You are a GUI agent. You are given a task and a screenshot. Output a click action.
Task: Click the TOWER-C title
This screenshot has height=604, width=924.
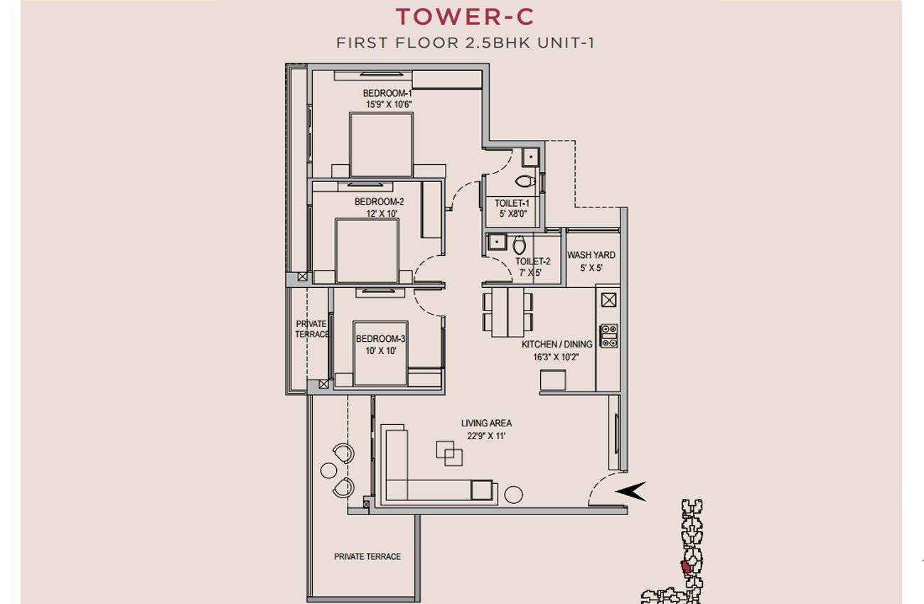465,17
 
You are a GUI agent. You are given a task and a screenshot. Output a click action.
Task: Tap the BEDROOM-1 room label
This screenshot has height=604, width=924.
387,94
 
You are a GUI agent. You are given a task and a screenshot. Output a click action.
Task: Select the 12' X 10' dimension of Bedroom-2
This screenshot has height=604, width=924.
382,214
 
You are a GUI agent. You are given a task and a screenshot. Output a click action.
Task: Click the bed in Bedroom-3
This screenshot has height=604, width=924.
380,353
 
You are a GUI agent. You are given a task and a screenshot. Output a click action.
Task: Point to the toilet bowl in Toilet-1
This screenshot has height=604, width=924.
525,181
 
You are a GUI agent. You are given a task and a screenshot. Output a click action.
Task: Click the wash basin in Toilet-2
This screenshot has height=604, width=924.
497,242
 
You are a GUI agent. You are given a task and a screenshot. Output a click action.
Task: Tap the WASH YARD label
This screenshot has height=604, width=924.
591,255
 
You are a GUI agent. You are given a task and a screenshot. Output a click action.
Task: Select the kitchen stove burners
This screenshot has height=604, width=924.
608,335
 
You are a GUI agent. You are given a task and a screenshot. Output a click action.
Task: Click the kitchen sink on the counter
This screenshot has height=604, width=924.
608,300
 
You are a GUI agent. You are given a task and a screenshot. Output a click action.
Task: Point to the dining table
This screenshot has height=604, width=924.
507,312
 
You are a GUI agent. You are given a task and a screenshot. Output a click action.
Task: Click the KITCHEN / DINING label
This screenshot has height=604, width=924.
557,344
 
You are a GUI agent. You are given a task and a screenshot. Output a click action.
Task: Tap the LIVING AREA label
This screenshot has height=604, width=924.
486,423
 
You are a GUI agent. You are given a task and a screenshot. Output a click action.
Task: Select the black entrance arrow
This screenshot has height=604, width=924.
630,492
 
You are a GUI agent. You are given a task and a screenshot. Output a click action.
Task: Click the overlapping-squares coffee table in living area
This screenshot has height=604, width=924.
449,453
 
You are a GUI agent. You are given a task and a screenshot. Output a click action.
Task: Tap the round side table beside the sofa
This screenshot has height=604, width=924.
514,495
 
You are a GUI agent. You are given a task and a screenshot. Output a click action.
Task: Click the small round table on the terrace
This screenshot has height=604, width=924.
329,470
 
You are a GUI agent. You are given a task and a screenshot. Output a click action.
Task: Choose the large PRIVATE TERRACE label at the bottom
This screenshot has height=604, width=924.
367,556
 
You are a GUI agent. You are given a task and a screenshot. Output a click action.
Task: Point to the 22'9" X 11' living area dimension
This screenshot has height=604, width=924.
486,436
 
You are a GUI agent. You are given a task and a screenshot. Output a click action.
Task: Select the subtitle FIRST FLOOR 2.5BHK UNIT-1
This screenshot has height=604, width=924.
466,43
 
